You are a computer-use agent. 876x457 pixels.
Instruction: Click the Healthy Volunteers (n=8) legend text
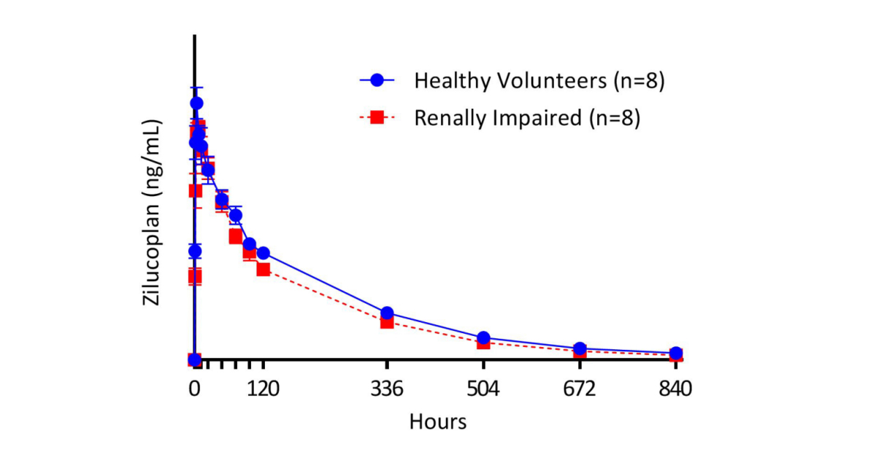pos(539,81)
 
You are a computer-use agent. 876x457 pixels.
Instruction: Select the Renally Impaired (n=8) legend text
pos(527,118)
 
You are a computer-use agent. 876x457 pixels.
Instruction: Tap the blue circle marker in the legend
pos(377,80)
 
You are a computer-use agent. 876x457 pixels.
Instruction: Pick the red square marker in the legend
pos(377,117)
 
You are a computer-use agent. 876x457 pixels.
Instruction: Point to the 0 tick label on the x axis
pos(194,388)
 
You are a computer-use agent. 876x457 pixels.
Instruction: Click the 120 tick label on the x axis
pos(263,388)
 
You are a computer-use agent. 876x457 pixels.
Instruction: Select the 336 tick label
pos(387,388)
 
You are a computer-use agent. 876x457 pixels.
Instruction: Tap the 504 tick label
pos(483,388)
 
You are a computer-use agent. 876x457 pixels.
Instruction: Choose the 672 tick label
pos(580,388)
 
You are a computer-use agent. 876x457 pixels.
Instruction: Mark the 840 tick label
pos(675,388)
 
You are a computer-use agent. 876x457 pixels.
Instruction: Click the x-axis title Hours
pos(437,421)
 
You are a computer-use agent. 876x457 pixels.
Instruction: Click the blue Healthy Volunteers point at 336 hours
pos(387,313)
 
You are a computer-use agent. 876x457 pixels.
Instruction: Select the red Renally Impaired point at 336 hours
pos(387,321)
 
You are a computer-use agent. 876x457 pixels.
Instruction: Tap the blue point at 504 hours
pos(483,337)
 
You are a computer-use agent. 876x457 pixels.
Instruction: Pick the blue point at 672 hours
pos(580,348)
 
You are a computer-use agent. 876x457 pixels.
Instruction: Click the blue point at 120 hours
pos(263,253)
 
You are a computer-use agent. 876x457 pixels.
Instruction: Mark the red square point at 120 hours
pos(263,269)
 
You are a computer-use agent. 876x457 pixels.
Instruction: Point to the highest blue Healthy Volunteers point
pos(196,103)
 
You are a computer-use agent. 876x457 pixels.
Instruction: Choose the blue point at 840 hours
pos(676,353)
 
